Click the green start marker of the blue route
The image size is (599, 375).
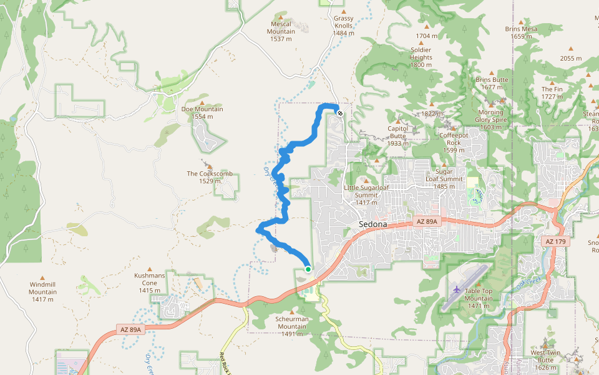point(308,269)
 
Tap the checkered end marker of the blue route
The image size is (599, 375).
point(340,113)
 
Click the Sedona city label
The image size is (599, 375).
point(373,224)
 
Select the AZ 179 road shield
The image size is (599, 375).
point(557,241)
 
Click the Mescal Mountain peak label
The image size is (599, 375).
point(281,31)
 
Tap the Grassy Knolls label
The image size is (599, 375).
point(344,26)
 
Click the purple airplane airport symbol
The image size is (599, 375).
point(457,289)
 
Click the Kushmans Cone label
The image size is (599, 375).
point(150,282)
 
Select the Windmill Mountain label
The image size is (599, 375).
point(42,292)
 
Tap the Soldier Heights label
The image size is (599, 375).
point(421,57)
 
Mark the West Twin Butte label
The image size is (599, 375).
point(546,356)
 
